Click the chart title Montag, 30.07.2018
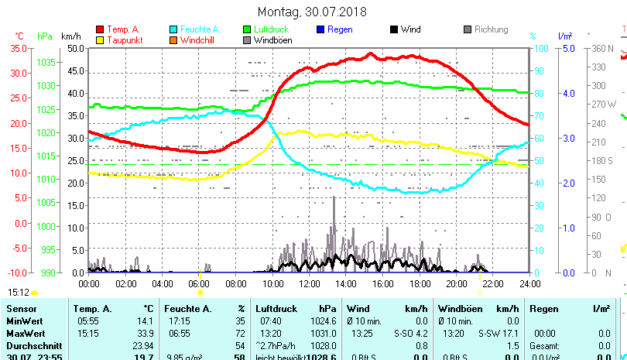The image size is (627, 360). [x=313, y=12]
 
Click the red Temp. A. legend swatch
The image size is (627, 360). [x=100, y=29]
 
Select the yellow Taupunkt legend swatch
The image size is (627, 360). [x=100, y=39]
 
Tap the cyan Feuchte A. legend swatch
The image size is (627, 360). [x=174, y=29]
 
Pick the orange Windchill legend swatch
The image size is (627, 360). [x=174, y=39]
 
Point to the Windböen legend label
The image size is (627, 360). [x=271, y=39]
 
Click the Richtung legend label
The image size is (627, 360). [x=491, y=29]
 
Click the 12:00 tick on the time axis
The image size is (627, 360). [x=309, y=283]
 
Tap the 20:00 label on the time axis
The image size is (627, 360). [x=456, y=283]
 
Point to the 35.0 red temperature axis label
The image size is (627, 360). [x=18, y=48]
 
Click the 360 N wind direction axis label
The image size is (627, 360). [x=601, y=48]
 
